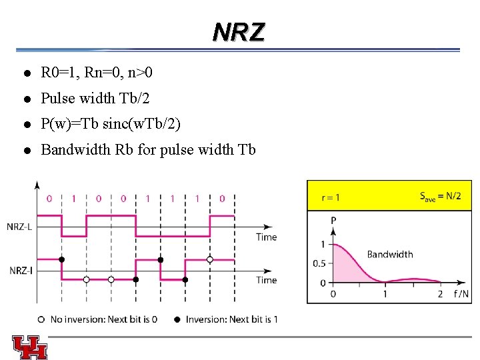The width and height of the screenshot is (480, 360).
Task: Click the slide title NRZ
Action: (x=239, y=31)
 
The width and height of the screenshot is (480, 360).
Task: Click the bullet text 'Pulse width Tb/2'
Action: (x=95, y=98)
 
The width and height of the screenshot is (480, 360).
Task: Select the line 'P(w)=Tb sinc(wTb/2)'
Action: (x=110, y=124)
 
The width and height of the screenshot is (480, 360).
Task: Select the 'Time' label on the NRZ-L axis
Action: (x=266, y=237)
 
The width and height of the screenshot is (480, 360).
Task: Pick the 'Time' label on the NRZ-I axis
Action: (x=266, y=280)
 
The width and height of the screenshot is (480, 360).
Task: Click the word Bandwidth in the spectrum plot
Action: (x=390, y=254)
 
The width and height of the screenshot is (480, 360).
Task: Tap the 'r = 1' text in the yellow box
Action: (x=331, y=197)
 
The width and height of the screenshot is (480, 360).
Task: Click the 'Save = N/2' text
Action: (x=440, y=196)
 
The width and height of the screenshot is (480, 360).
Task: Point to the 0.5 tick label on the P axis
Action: (x=319, y=263)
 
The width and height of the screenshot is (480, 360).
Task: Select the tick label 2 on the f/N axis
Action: (x=440, y=294)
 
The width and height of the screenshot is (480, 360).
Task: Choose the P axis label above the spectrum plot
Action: (x=333, y=220)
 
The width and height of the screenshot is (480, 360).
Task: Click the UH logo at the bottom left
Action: (x=29, y=346)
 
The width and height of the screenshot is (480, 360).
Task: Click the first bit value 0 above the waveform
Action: (x=49, y=198)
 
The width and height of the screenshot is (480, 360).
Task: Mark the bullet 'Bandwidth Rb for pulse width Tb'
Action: (x=148, y=149)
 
